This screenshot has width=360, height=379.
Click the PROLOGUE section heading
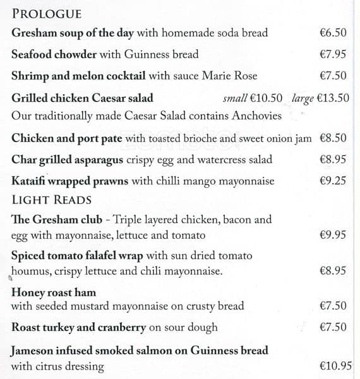[x=47, y=14]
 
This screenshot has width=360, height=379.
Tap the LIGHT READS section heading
[x=52, y=200]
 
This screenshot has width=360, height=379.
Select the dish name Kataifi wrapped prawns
[x=69, y=181]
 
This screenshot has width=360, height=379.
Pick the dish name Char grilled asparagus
[x=66, y=160]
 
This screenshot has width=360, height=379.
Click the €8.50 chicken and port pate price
[x=333, y=138]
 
